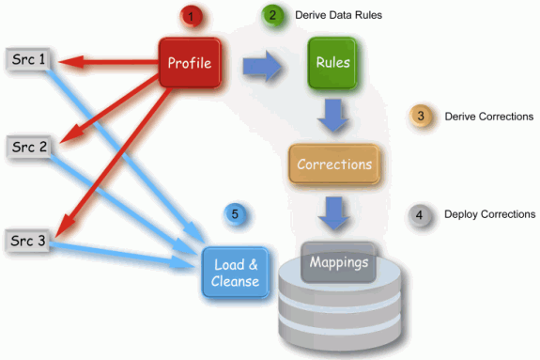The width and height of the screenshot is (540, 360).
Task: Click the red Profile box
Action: click(x=189, y=63)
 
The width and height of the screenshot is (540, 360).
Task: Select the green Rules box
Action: click(x=332, y=64)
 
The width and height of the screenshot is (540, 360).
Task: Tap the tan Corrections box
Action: click(x=333, y=164)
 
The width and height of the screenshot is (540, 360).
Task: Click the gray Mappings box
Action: click(x=338, y=262)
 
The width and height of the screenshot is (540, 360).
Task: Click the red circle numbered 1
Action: click(x=191, y=17)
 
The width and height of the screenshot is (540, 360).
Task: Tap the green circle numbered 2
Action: click(x=271, y=16)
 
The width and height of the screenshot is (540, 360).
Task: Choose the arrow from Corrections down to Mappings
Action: click(x=334, y=211)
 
